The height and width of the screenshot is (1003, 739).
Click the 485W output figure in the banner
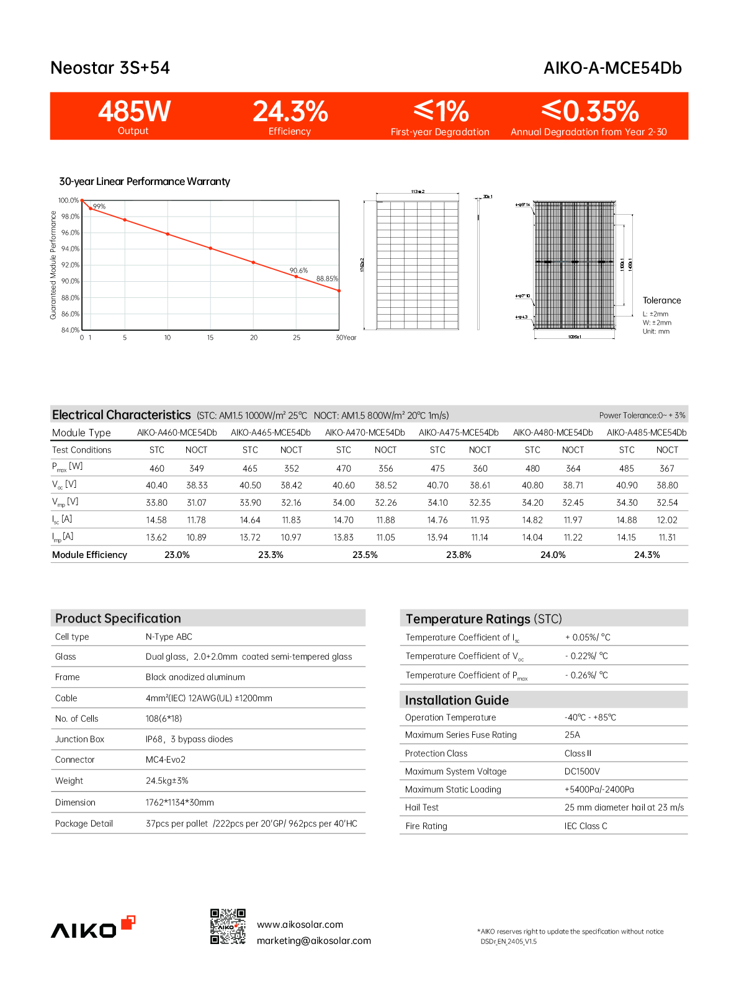(134, 112)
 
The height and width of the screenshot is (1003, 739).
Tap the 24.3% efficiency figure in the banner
(290, 112)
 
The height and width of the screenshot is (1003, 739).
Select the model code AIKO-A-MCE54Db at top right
(612, 68)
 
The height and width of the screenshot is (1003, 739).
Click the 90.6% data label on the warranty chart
(298, 271)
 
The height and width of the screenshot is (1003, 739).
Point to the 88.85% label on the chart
(327, 279)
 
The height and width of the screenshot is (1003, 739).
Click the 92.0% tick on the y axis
(70, 265)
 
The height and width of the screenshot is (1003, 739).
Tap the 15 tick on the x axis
(210, 338)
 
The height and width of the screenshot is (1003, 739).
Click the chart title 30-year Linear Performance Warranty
(145, 181)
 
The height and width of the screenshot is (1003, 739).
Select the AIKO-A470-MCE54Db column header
(365, 433)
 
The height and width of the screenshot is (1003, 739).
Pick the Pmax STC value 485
(627, 469)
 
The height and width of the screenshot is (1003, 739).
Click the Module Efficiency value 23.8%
(459, 555)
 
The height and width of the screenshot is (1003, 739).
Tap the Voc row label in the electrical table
(65, 485)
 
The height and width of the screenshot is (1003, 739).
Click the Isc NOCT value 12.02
(667, 520)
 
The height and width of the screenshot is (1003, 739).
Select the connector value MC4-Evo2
(166, 760)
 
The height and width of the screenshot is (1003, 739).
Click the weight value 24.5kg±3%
(167, 781)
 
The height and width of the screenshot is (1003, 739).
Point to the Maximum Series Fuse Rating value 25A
(572, 735)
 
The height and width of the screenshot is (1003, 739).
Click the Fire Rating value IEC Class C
(586, 826)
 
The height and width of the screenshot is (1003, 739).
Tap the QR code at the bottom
(228, 927)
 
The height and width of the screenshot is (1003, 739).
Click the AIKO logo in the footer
(92, 927)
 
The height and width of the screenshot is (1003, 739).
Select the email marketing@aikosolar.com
(314, 941)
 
